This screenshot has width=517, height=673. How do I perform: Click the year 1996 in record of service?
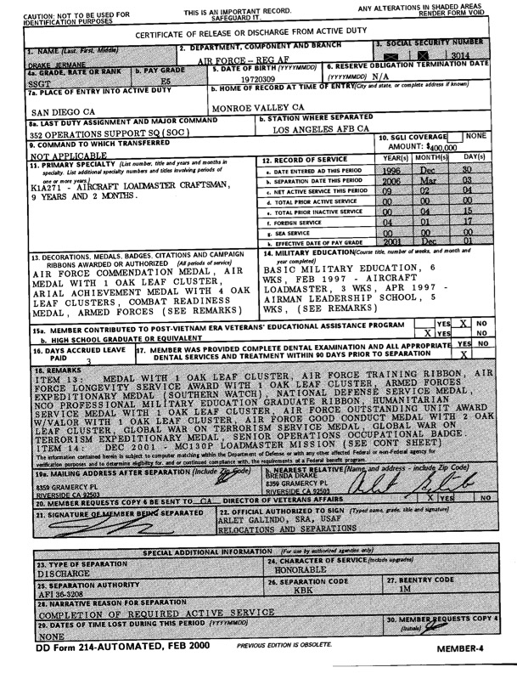coord(392,171)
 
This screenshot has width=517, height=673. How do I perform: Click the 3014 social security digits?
coord(461,54)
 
